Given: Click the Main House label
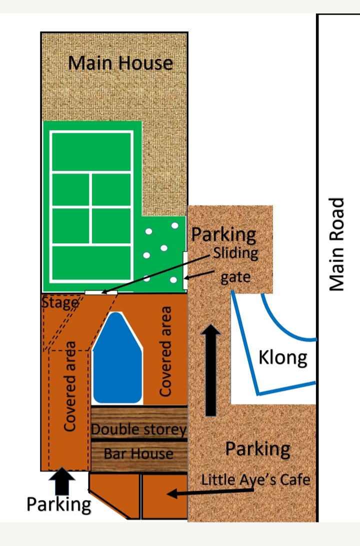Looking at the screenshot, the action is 120,63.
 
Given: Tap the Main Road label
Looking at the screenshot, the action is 336,244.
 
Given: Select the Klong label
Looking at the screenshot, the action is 282,358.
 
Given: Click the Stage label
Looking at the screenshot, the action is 60,303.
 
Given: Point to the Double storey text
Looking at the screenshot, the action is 138,429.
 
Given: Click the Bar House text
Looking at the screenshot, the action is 138,454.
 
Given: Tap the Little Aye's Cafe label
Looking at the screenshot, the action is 255,480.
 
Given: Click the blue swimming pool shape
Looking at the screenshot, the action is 117,358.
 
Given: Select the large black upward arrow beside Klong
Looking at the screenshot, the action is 210,370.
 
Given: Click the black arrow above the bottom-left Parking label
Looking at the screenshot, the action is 62,481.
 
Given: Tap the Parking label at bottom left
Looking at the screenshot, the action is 59,505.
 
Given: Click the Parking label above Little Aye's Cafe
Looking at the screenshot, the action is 257,449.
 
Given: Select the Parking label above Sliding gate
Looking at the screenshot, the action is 223,235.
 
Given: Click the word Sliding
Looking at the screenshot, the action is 235,253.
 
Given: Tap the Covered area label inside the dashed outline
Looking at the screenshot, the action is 69,387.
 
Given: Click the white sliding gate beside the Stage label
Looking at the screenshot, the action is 101,293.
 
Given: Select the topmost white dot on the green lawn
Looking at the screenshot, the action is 175,226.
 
